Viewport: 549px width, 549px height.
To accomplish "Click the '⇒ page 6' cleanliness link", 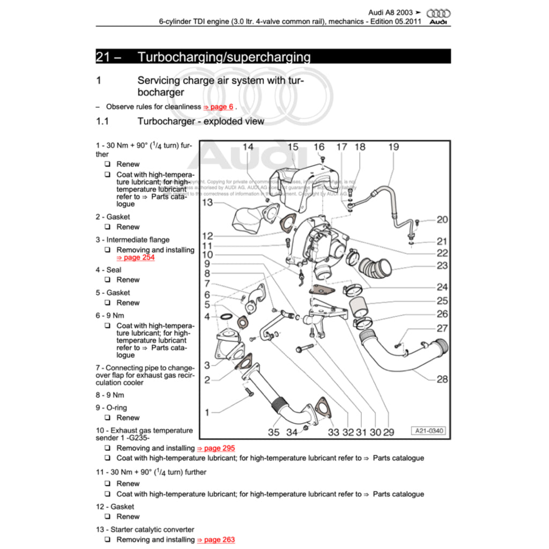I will pos(218,107).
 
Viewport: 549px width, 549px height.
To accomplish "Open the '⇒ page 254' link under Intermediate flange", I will pos(136,257).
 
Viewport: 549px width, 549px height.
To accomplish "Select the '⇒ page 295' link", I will pos(216,448).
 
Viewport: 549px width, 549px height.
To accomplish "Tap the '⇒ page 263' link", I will pos(216,540).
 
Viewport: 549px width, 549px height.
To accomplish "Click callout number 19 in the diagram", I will pos(394,147).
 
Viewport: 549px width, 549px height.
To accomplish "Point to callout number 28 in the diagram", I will pos(442,379).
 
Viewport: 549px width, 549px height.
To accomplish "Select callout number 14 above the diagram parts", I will pos(248,147).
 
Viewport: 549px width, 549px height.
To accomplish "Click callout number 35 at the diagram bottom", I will pos(273,432).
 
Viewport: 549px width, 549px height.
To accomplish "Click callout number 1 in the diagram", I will pos(207,412).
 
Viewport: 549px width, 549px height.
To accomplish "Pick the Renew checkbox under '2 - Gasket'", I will pos(107,227).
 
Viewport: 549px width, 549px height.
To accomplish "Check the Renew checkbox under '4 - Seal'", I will pos(107,280).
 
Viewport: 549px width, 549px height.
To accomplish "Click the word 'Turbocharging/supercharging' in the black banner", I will pos(224,57).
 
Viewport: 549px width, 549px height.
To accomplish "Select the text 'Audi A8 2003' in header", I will pos(390,12).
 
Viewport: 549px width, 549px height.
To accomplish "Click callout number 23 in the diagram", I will pos(442,265).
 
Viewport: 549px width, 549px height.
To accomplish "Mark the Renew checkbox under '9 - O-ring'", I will pos(107,418).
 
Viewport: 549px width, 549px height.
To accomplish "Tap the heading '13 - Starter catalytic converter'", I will pos(145,530).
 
